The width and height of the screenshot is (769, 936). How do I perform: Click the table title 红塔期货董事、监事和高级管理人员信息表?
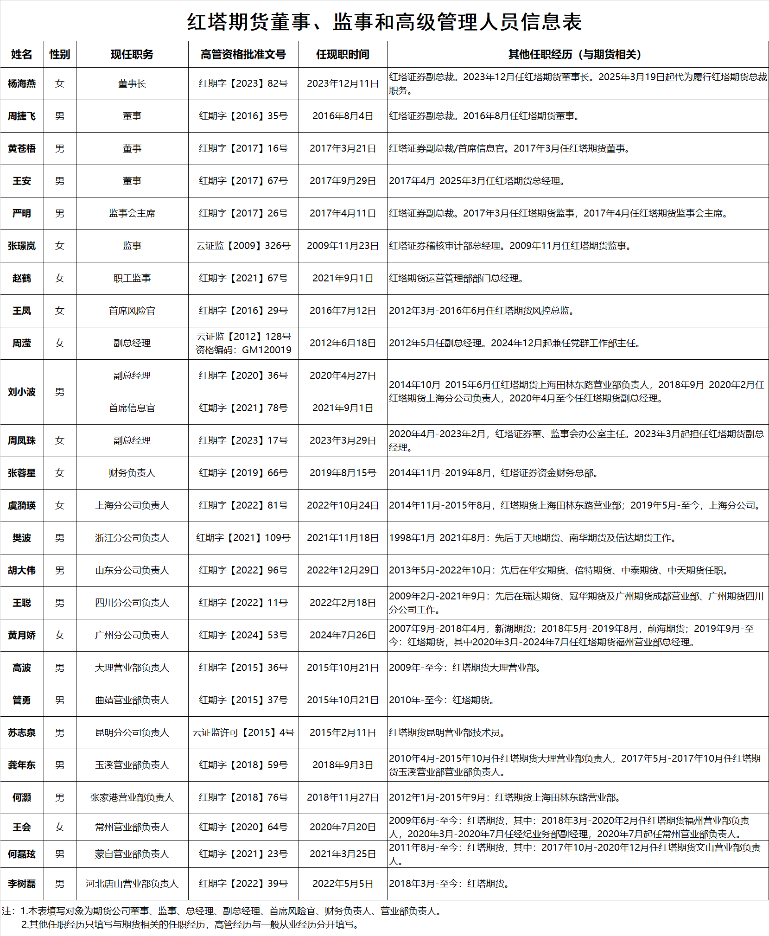click(384, 22)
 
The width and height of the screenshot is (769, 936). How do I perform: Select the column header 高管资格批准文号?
click(243, 54)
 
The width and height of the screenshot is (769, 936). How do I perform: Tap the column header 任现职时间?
click(343, 54)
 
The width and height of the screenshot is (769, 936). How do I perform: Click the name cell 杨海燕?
click(22, 83)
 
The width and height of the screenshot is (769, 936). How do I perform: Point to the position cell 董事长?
click(132, 83)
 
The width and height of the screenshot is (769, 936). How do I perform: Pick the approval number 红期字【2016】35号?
click(243, 116)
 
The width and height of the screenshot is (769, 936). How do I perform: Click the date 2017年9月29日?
click(343, 181)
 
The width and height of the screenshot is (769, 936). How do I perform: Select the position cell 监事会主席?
click(132, 213)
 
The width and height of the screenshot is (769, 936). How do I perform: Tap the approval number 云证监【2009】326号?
click(243, 246)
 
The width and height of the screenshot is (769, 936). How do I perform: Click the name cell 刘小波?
click(22, 392)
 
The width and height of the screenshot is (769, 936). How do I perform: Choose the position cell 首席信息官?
click(132, 408)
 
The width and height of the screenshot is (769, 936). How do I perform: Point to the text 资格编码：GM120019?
click(243, 350)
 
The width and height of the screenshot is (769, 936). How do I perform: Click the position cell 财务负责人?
click(132, 473)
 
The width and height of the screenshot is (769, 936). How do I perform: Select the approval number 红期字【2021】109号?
click(243, 538)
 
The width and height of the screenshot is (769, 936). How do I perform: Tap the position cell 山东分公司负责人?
click(132, 570)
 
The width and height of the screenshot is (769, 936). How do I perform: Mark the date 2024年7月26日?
click(343, 635)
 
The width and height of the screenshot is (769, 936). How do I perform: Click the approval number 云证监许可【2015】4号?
click(243, 732)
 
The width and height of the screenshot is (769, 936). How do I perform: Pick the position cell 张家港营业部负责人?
click(132, 797)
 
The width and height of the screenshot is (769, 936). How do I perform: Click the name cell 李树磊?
click(22, 884)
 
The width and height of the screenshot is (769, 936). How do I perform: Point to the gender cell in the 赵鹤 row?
click(60, 278)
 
